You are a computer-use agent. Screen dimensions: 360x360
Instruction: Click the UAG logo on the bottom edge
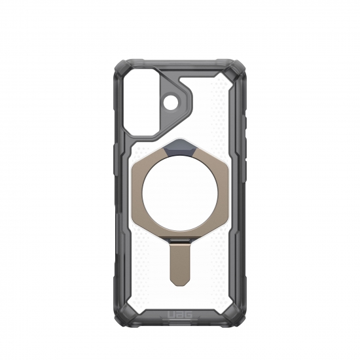coord(180,315)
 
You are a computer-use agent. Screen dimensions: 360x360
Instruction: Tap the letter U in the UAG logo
coord(171,315)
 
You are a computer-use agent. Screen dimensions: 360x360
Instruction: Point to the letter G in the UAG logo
coord(189,315)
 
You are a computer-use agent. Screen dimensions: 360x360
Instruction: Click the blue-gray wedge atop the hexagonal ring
coord(180,146)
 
